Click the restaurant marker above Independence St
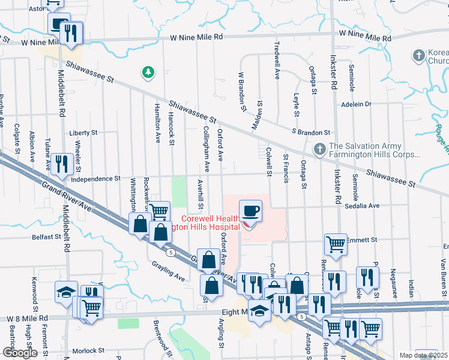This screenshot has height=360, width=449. point(62,163)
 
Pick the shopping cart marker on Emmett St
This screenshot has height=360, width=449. point(335,244)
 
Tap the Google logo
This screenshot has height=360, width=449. point(20,353)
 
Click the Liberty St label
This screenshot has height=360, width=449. point(83,133)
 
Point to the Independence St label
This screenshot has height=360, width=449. point(95,179)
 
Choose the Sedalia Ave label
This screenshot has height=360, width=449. point(363,205)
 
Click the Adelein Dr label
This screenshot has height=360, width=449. point(357,104)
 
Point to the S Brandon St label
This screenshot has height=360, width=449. point(311,132)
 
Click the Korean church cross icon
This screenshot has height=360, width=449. point(419,56)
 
